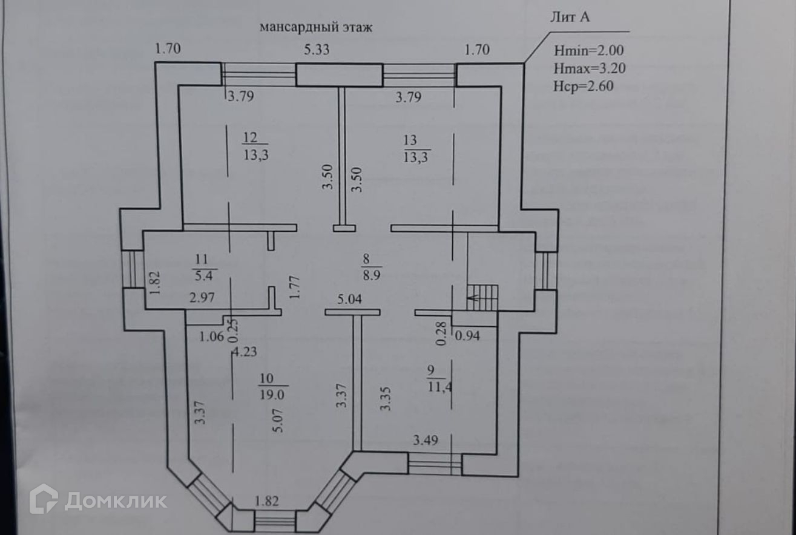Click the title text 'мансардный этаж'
[x=316, y=28]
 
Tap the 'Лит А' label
[x=569, y=17]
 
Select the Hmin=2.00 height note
[x=588, y=50]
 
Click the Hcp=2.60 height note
[x=584, y=86]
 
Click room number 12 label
[x=249, y=139]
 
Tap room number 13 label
[x=410, y=140]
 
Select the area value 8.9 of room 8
[x=370, y=275]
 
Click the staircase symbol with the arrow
[x=482, y=297]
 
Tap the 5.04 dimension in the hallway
[x=350, y=298]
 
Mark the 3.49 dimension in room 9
[x=426, y=440]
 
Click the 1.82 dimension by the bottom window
[x=267, y=501]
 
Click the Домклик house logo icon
[x=44, y=499]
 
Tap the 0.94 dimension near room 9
[x=467, y=336]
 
